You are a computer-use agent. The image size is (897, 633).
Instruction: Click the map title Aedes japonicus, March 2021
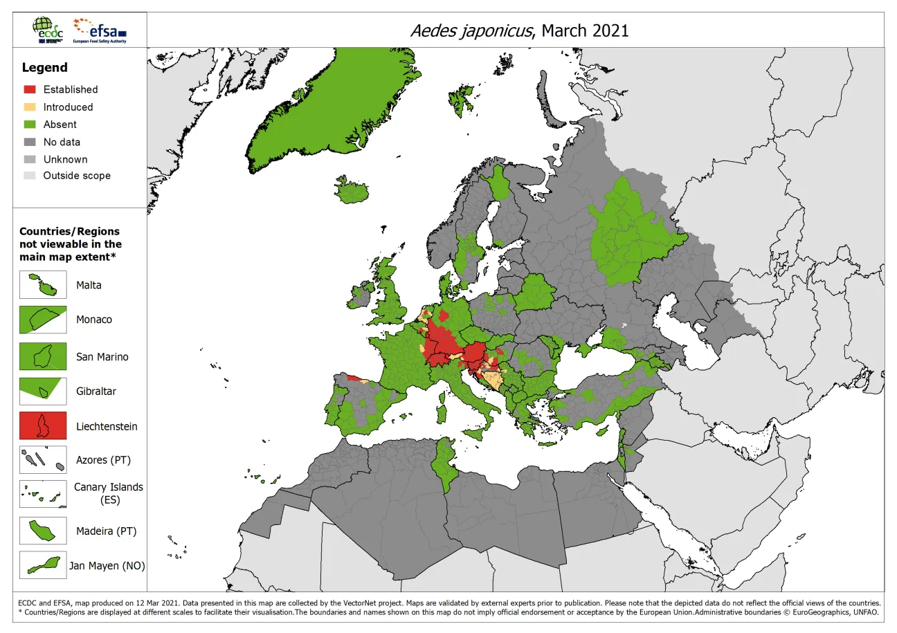tap(519, 30)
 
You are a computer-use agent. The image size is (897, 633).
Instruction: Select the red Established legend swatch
tap(29, 89)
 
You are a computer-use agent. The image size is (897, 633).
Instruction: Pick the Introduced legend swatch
tap(29, 107)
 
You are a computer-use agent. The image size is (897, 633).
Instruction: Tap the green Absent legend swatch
tap(29, 125)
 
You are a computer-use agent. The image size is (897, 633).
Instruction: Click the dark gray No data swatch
tap(29, 142)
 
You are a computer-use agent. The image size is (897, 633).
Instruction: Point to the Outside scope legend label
tap(77, 176)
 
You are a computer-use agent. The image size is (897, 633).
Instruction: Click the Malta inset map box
tap(43, 285)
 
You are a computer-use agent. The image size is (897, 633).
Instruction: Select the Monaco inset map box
tap(43, 320)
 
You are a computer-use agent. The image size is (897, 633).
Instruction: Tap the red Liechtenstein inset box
tap(43, 426)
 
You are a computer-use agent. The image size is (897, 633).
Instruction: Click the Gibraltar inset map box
tap(43, 392)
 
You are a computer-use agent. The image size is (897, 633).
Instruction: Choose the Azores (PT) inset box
tap(43, 460)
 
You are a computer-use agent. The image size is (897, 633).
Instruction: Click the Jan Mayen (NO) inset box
tap(43, 565)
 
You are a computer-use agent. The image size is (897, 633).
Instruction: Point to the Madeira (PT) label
tap(106, 531)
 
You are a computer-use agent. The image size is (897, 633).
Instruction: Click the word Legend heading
tap(45, 68)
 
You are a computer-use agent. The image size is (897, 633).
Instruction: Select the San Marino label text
tap(102, 357)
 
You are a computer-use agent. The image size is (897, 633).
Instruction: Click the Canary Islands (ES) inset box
tap(43, 494)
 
